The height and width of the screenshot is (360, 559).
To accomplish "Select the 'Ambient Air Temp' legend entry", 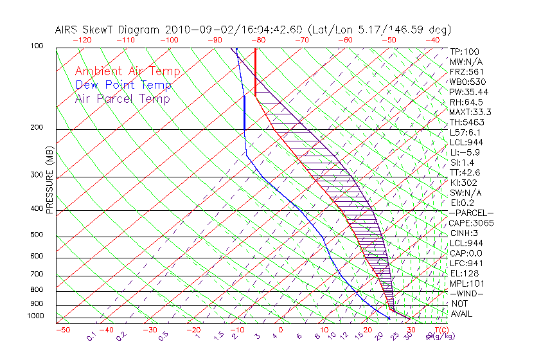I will coord(127,71).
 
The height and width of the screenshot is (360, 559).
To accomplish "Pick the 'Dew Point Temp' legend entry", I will coord(123,85).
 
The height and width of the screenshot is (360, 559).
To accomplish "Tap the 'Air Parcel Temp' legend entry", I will coord(122,98).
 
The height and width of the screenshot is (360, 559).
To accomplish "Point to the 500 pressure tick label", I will coord(36,235).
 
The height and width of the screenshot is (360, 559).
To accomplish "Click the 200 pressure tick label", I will coord(36,127).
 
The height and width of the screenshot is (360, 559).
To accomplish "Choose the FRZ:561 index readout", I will coord(466,71).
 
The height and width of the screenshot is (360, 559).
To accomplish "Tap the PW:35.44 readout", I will coord(469,92).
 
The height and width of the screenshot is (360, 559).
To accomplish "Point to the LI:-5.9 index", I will coord(465,152).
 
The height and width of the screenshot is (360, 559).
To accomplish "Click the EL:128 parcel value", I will coord(465,273).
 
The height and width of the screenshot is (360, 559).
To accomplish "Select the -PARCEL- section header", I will coord(472,213).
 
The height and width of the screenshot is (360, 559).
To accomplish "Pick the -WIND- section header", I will coord(466,293).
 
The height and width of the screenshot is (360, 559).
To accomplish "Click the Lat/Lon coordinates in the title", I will coord(379,30).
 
